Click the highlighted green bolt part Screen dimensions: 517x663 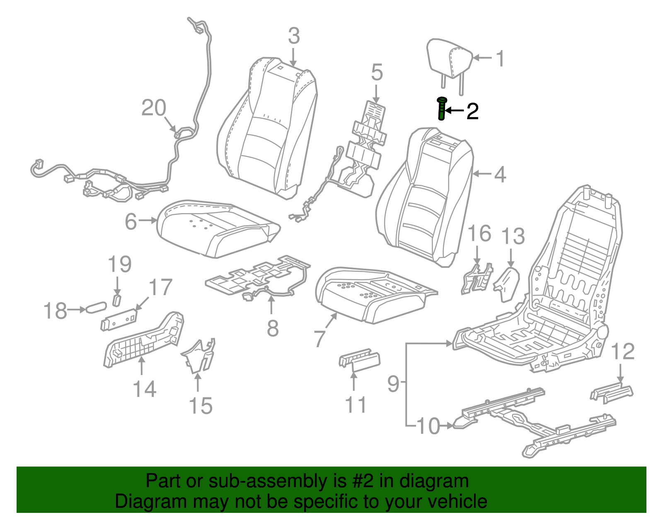click(442, 109)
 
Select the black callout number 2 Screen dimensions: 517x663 click(472, 111)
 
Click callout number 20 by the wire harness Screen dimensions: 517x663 click(154, 108)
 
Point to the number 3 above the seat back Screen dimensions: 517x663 click(293, 36)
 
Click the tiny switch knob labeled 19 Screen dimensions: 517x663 click(117, 300)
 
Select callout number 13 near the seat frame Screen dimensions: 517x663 click(513, 237)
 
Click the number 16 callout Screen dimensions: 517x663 click(479, 234)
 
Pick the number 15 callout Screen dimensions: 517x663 click(201, 406)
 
